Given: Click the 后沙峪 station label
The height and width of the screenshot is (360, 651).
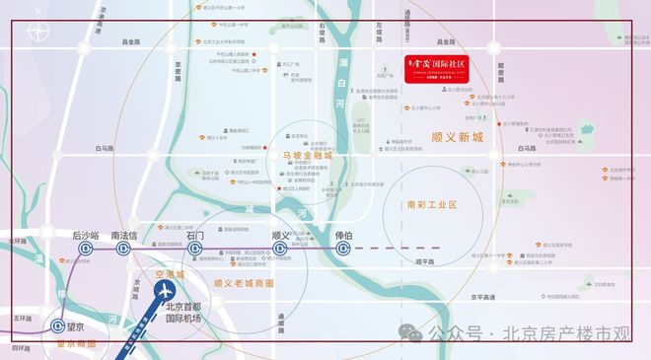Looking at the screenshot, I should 86,237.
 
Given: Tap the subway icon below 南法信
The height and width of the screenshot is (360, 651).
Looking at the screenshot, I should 124,250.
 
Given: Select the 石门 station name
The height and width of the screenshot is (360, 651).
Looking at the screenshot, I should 194,237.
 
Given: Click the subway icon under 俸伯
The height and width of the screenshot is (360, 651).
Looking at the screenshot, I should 343,250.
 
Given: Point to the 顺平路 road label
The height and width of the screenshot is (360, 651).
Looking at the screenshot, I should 425,262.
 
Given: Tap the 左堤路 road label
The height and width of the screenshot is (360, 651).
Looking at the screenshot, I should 376,41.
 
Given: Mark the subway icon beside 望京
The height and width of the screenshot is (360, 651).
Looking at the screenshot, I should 66,326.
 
